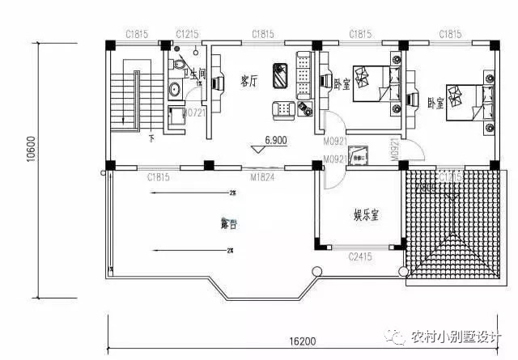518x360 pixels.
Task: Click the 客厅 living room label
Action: click(x=248, y=81)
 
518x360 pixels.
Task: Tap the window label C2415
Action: click(x=360, y=257)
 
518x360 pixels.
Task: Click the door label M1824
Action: click(x=261, y=176)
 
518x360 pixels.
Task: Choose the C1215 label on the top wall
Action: click(x=187, y=34)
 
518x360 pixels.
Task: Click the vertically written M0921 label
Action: click(x=394, y=149)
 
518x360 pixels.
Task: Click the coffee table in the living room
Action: click(x=281, y=75)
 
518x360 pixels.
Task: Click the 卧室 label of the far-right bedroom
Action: click(x=435, y=104)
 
